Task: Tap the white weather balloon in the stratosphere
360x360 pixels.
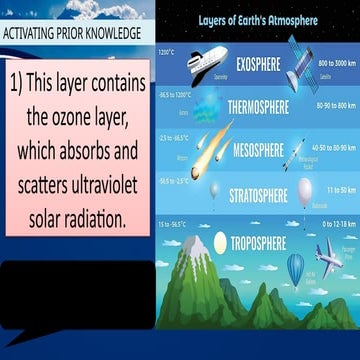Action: [x=305, y=190]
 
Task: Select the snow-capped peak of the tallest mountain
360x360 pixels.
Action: [x=194, y=244]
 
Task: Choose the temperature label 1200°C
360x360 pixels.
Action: [x=166, y=51]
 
